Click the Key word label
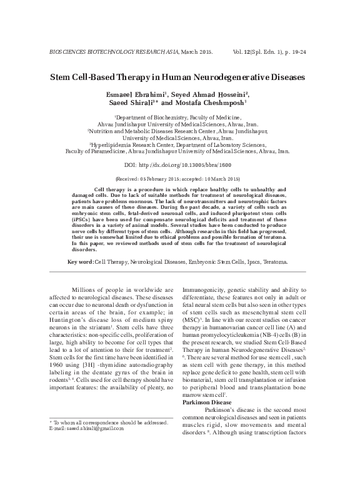tap(79, 261)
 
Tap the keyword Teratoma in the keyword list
tap(272, 261)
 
